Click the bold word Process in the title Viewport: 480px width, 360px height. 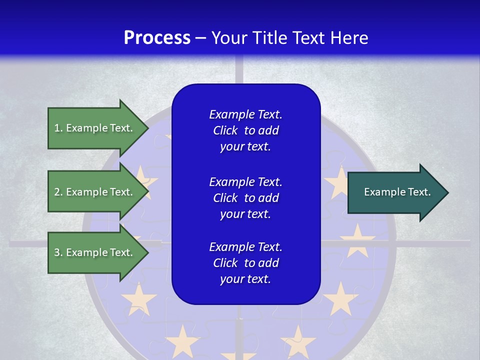click(157, 38)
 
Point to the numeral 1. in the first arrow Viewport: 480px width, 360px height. click(58, 128)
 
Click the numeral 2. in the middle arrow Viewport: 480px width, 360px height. click(58, 192)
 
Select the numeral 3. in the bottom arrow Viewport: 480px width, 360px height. click(58, 252)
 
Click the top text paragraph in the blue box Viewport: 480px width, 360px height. click(245, 130)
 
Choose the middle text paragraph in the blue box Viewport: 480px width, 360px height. click(245, 198)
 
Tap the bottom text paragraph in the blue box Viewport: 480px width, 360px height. click(245, 263)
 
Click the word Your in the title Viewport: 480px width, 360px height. click(228, 38)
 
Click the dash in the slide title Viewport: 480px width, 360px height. click(201, 38)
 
